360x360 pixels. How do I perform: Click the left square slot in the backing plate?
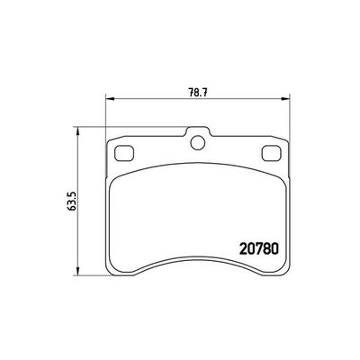click(127, 150)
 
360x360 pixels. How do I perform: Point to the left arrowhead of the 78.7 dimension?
click(109, 98)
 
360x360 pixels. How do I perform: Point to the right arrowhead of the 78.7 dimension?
click(287, 98)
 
